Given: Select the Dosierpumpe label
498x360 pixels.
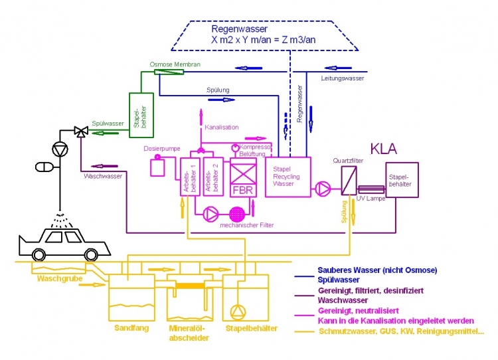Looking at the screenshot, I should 158,148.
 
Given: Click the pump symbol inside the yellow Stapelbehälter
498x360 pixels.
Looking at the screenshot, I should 237,312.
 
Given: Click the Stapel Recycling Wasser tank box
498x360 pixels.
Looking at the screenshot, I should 288,177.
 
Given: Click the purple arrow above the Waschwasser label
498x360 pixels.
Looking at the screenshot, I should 104,165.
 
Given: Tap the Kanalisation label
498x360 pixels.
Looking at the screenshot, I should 222,127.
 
